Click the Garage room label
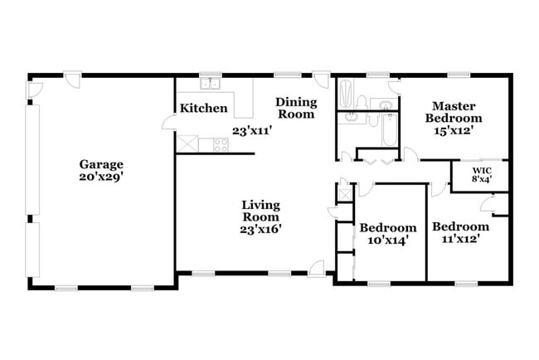point(101,164)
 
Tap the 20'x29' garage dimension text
point(101,176)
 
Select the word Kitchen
point(204,108)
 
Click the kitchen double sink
point(209,83)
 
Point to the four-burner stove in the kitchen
point(221,144)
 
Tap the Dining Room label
point(295,108)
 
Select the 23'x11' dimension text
point(251,130)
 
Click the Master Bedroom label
point(454,112)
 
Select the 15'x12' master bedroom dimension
point(454,131)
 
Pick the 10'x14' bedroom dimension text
point(387,240)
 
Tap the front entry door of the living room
point(316,266)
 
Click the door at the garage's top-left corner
point(34,86)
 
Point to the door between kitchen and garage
point(169,122)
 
